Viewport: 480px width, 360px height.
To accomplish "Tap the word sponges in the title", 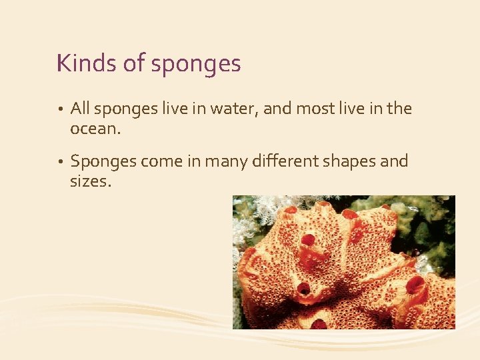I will pyautogui.click(x=196, y=65).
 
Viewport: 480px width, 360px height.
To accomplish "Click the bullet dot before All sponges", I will pyautogui.click(x=60, y=109).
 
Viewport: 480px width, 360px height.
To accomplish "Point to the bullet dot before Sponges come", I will pyautogui.click(x=60, y=162).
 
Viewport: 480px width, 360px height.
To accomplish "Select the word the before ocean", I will pyautogui.click(x=399, y=108).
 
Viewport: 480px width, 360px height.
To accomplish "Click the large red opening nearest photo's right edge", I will pyautogui.click(x=415, y=285).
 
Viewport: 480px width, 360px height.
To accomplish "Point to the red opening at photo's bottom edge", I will pyautogui.click(x=319, y=325).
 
